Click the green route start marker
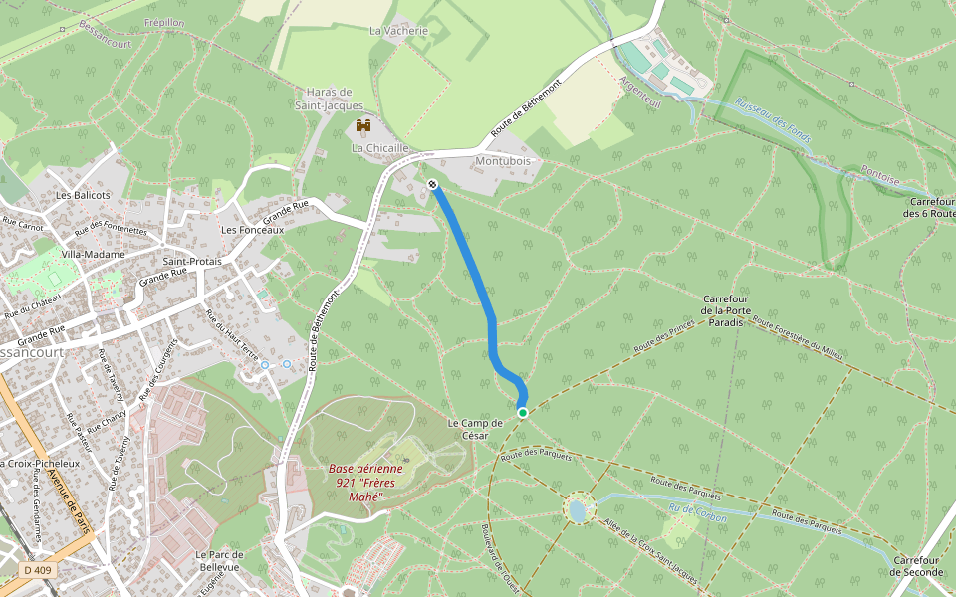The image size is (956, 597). pos(522,412)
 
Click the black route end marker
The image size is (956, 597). pos(433,185)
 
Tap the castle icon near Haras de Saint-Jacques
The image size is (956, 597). pos(363,127)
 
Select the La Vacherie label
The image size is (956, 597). pos(398,31)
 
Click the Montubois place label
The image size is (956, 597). pos(504,160)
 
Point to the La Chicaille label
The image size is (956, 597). pos(379,148)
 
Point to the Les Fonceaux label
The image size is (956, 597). pos(252,230)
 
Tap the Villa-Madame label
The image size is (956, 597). pos(93,255)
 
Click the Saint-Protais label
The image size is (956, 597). pos(191,261)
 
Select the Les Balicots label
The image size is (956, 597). pos(83,195)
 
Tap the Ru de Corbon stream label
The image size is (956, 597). pos(698,513)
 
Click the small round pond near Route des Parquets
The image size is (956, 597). pos(577,511)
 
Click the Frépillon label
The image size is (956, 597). pos(164,22)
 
